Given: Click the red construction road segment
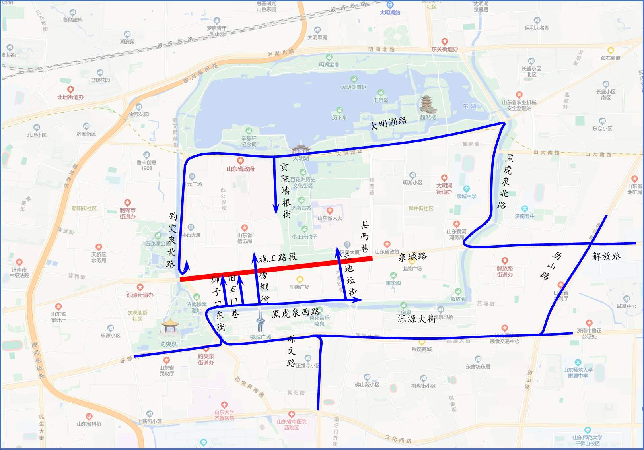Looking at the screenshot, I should pos(276,269).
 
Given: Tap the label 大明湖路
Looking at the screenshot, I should pos(388,123).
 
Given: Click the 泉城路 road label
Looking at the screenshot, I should pos(412,256).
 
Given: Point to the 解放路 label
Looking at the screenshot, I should pos(606,256).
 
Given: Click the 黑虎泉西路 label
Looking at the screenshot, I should pos(296,313).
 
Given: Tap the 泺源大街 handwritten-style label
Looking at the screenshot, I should pos(416,318).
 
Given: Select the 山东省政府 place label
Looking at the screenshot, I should pos(240,169).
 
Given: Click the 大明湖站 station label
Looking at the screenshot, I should pos(390,12).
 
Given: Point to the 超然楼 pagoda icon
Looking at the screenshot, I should pos(428,105).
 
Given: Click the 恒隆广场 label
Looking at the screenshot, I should pos(300,287).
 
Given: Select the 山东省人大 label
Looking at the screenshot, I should pos(330,218).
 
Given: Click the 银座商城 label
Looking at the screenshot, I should pos(422,349).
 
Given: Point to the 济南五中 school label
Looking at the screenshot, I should pos(525,216).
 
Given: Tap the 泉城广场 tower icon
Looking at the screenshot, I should pos(261,322).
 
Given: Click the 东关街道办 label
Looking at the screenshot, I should pos(444,49).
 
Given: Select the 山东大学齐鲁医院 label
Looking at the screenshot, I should pos(224,415).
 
